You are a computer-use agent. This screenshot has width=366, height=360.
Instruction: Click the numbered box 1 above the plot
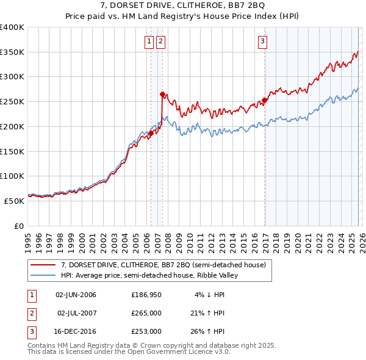pos(149,41)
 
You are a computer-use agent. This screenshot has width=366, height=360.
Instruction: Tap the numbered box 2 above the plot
pos(160,41)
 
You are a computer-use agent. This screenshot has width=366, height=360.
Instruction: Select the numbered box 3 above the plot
pos(262,41)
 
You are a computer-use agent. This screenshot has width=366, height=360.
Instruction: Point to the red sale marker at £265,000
pos(162,94)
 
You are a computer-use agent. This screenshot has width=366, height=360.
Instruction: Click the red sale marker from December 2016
pos(265,100)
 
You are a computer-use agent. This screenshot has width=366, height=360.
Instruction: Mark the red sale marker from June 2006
pos(151,133)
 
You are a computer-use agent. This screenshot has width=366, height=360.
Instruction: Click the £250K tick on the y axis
pos(12,101)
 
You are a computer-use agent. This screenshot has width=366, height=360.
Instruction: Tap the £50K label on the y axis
pos(15,200)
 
